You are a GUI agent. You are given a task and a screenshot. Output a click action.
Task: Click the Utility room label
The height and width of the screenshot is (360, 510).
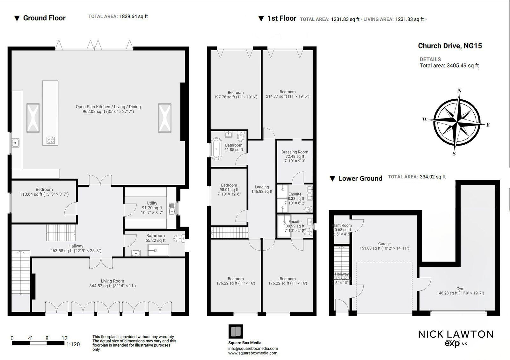coord(152,203)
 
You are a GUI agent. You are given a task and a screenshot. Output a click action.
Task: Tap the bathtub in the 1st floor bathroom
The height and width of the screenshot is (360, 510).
coord(217,148)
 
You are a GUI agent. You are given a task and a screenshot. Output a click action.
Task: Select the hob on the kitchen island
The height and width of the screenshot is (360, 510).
coord(51,140)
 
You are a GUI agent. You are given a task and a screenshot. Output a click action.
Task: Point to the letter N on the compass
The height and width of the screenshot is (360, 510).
coord(460,91)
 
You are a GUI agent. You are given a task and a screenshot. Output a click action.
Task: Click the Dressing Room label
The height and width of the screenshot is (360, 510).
coord(295,152)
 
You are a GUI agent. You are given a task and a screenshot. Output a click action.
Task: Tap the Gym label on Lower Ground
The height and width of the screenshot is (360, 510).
coord(460,289)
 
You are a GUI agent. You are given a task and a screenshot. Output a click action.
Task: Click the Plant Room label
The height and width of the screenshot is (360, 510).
coord(342,225)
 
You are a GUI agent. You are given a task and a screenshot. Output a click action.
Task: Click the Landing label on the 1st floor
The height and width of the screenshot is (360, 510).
coord(262,187)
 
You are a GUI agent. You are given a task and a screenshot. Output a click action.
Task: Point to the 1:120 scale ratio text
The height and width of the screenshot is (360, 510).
coord(73,344)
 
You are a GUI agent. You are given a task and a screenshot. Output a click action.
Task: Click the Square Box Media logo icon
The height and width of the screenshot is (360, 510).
coord(236,332)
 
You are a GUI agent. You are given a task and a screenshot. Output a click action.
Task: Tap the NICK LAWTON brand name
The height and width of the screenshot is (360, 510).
coord(455,334)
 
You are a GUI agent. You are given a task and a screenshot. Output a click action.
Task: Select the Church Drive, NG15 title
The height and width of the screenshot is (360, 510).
coord(450,46)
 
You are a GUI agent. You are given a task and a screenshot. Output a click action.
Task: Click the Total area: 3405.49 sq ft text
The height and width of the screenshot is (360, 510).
coord(449,66)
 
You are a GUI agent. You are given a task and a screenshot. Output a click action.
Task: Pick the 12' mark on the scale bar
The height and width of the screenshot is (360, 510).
coord(65,338)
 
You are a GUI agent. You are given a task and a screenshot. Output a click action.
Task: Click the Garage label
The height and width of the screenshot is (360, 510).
coord(384,244)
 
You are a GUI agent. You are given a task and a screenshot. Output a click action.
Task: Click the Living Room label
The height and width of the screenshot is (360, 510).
coord(113,281)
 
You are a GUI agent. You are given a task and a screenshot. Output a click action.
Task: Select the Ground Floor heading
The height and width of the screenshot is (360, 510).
coord(44,18)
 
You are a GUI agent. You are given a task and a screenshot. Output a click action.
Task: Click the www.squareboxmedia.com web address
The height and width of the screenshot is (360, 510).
coord(253,353)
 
